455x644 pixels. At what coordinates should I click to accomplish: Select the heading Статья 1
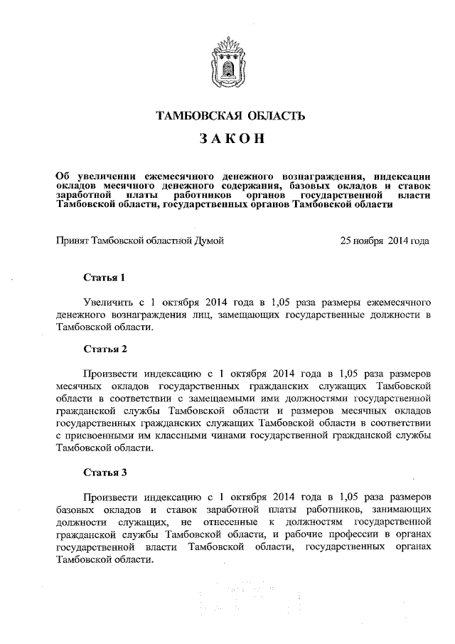click(105, 277)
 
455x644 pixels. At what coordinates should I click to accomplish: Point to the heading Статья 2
click(105, 349)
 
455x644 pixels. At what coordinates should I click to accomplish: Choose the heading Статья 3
click(105, 472)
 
